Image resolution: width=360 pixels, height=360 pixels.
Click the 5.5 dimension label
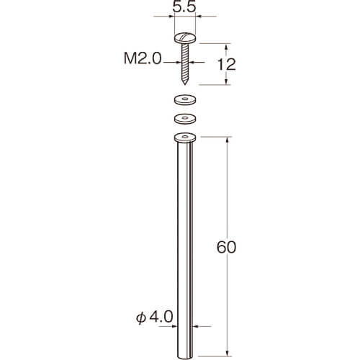184,6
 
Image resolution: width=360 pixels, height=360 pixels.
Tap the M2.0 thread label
143,58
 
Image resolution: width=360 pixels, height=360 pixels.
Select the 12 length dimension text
226,64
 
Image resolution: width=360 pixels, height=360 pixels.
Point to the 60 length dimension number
226,247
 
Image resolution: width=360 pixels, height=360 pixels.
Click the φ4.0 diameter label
155,317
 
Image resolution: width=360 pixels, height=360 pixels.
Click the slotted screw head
185,38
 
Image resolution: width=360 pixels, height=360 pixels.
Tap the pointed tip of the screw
185,84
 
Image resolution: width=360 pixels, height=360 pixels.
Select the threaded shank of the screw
185,63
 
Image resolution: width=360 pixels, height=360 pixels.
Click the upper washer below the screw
185,100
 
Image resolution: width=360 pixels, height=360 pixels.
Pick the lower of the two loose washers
185,119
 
